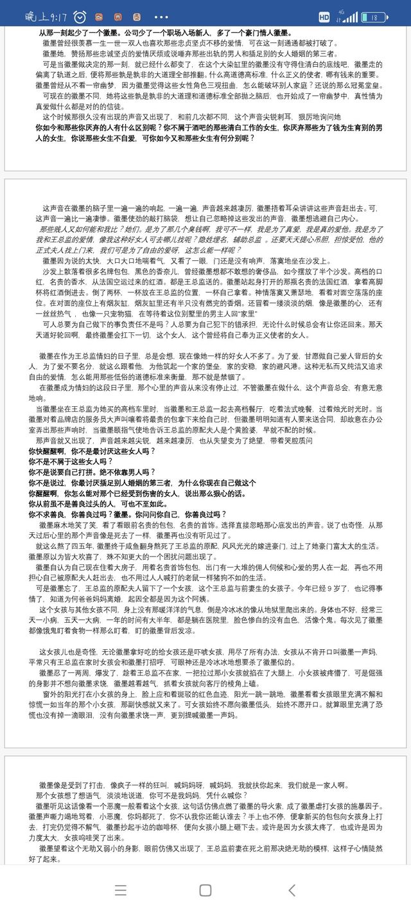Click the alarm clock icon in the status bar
click(80, 16)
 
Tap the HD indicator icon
click(324, 17)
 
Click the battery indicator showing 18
click(373, 17)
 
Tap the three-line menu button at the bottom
click(120, 890)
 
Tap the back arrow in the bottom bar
click(292, 890)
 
